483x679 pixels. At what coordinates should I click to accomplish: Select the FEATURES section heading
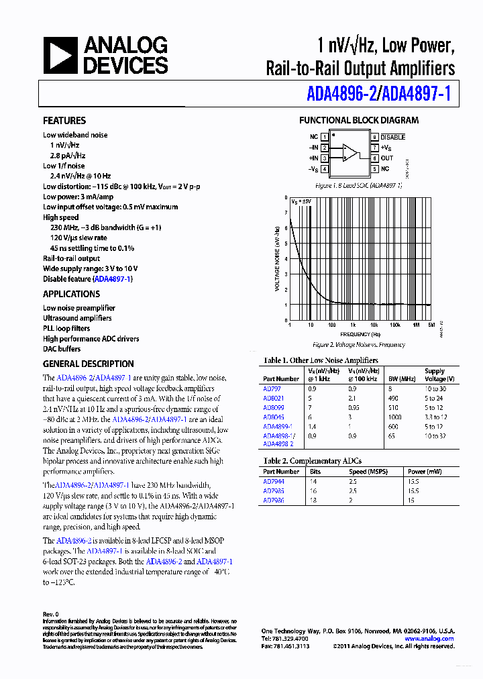(64, 121)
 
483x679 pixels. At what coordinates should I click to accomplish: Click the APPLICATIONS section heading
(71, 294)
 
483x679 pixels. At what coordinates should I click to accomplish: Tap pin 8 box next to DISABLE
(374, 136)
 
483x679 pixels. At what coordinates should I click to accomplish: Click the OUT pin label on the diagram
(387, 158)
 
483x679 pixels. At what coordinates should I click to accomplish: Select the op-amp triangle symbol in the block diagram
(350, 152)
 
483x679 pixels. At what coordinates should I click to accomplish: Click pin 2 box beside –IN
(325, 148)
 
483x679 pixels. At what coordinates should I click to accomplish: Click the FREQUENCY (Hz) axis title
(360, 334)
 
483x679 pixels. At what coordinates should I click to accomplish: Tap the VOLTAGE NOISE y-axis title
(277, 259)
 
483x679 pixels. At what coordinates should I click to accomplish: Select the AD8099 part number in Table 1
(273, 407)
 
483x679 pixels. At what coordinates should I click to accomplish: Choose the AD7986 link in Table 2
(273, 500)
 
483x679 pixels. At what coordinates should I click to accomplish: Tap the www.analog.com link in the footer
(429, 639)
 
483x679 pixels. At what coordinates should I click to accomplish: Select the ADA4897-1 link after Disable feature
(113, 279)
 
